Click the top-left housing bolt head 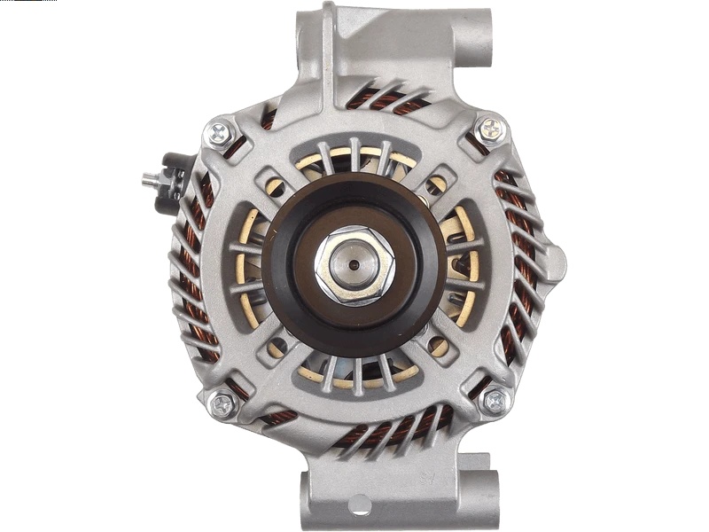click(x=219, y=134)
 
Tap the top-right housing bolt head click(x=490, y=129)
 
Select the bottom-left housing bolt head click(x=222, y=405)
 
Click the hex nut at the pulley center click(x=354, y=265)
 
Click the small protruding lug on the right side click(x=556, y=262)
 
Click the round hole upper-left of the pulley click(x=276, y=187)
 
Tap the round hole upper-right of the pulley click(x=436, y=184)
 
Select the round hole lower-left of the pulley click(x=276, y=347)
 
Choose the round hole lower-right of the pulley click(x=437, y=346)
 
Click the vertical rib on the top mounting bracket click(x=329, y=44)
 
